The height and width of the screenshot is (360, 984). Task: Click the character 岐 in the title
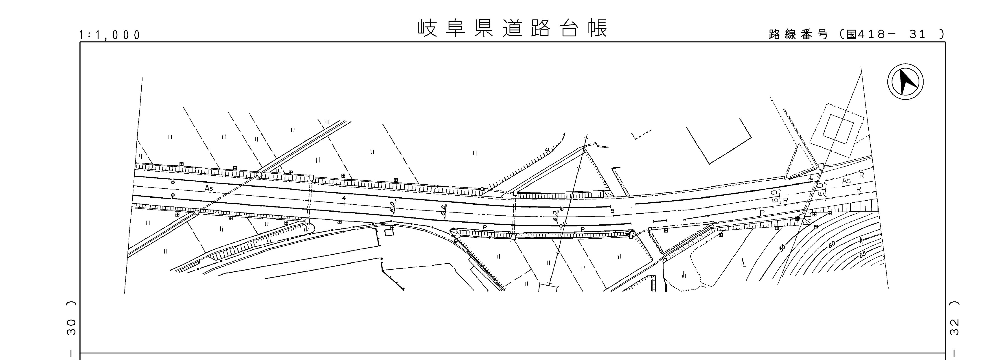point(427,28)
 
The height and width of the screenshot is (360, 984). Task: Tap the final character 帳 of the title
point(598,28)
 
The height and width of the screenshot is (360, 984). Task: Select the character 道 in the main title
point(512,28)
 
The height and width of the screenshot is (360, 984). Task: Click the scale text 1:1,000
point(110,35)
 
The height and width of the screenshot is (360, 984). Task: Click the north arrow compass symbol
point(905,82)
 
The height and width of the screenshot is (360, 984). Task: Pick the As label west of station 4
point(209,188)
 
